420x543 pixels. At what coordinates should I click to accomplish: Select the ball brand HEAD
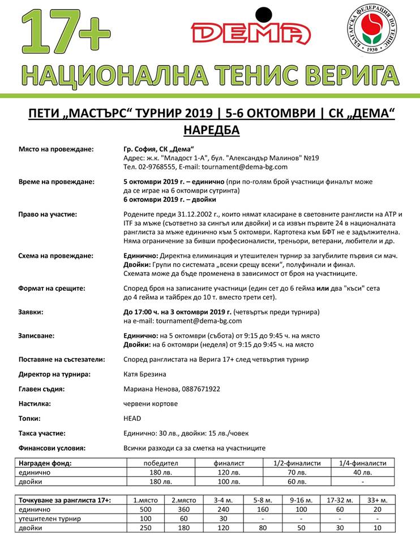click(x=132, y=419)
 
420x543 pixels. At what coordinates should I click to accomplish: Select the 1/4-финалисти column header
click(x=362, y=463)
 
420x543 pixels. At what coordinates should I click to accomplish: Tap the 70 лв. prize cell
click(x=294, y=472)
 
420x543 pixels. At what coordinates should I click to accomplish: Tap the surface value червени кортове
click(x=151, y=404)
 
